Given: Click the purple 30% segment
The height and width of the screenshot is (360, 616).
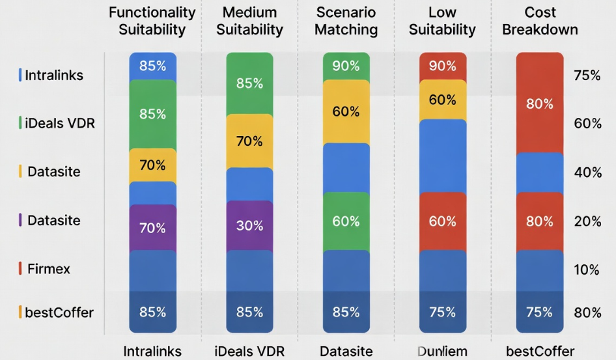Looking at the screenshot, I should pyautogui.click(x=249, y=225).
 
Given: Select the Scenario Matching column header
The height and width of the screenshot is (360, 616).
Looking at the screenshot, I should pyautogui.click(x=346, y=21).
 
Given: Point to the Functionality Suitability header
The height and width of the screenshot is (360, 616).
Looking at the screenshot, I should pyautogui.click(x=152, y=21).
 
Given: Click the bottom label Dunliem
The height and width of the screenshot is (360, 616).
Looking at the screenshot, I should pyautogui.click(x=442, y=352).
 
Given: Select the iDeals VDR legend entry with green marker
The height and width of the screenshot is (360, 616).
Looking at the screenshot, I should pyautogui.click(x=59, y=122).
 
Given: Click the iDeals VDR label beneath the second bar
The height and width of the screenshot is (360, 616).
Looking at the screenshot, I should pyautogui.click(x=249, y=352).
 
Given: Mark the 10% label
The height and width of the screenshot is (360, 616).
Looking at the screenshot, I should pyautogui.click(x=587, y=269).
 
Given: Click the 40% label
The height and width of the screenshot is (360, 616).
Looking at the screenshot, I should pyautogui.click(x=587, y=173).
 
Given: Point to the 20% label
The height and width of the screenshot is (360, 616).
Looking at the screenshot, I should pyautogui.click(x=587, y=221).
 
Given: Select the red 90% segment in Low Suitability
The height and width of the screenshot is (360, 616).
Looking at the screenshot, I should pyautogui.click(x=442, y=66).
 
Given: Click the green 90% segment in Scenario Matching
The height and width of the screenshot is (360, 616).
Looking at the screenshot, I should pyautogui.click(x=346, y=66).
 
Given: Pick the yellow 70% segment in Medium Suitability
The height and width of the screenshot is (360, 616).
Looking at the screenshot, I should pyautogui.click(x=249, y=141).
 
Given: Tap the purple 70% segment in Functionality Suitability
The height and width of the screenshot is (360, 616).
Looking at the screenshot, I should pyautogui.click(x=152, y=228).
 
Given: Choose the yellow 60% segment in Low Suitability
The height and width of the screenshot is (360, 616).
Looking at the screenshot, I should pyautogui.click(x=442, y=100).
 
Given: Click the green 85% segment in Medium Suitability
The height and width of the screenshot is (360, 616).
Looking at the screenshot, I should pyautogui.click(x=249, y=83).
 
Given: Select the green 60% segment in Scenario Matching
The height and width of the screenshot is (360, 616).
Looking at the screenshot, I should pyautogui.click(x=346, y=221).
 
